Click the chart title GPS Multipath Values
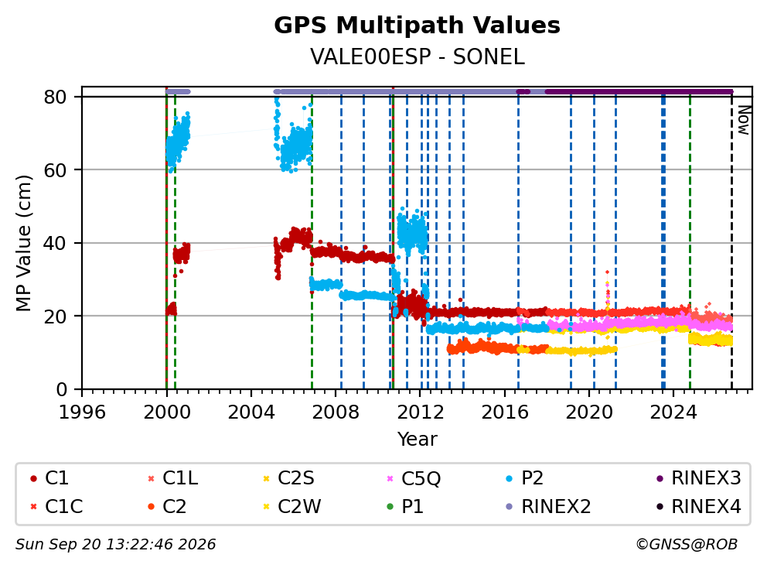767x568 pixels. click(417, 26)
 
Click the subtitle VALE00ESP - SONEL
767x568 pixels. click(417, 57)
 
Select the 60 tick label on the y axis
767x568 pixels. click(55, 170)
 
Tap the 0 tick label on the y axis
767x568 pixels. click(62, 390)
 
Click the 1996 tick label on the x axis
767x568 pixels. click(82, 412)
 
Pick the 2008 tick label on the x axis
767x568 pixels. click(336, 412)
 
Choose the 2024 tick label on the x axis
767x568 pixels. click(673, 412)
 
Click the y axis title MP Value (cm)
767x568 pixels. click(23, 243)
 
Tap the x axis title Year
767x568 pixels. click(417, 440)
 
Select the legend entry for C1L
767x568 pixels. click(173, 478)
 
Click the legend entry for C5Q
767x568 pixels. click(414, 478)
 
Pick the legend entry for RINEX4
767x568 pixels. click(698, 506)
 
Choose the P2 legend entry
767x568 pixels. click(524, 478)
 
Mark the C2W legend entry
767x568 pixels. click(292, 506)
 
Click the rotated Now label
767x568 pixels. click(744, 120)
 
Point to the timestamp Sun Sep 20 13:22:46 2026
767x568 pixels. click(115, 544)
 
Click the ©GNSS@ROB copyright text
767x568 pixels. click(687, 544)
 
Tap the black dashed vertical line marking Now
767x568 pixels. click(731, 241)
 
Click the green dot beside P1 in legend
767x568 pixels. click(390, 507)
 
